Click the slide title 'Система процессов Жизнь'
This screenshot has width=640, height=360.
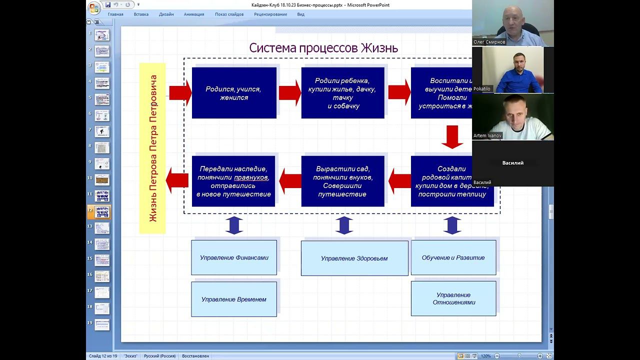point(323,48)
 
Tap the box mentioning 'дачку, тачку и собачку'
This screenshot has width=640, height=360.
point(343,93)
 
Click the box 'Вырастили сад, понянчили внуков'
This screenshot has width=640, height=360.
point(343,181)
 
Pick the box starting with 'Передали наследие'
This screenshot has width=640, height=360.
point(233,181)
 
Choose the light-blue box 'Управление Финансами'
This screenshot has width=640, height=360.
point(234,257)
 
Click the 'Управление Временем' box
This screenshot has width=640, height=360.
point(234,299)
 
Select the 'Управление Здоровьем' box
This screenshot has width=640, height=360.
point(354,258)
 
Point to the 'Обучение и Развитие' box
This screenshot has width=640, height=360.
point(453,257)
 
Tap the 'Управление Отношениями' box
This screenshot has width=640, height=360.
point(453,298)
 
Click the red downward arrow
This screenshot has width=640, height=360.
point(452,137)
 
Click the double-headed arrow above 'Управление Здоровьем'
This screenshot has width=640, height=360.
point(344,225)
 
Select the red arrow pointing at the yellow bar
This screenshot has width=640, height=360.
point(176,180)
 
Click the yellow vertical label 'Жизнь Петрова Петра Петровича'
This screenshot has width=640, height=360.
point(152,148)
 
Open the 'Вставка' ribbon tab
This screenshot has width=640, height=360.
point(141,14)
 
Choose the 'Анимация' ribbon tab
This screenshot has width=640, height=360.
point(194,14)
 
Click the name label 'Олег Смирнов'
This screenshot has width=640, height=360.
point(489,42)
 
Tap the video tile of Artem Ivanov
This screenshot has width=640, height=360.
point(512,117)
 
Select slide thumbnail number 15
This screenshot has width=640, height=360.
point(102,260)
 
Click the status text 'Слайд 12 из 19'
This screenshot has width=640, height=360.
point(103,356)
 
